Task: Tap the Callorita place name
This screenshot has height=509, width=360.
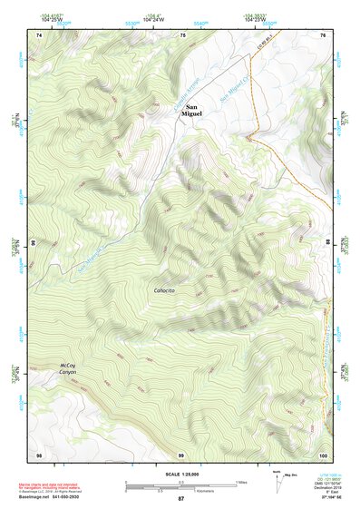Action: [x=167, y=289]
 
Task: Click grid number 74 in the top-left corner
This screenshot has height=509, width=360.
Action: [x=39, y=34]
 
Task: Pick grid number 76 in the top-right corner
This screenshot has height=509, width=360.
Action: [x=324, y=34]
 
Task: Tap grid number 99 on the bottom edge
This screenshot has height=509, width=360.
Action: [x=180, y=454]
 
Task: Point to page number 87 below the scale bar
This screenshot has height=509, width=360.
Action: [x=180, y=499]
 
